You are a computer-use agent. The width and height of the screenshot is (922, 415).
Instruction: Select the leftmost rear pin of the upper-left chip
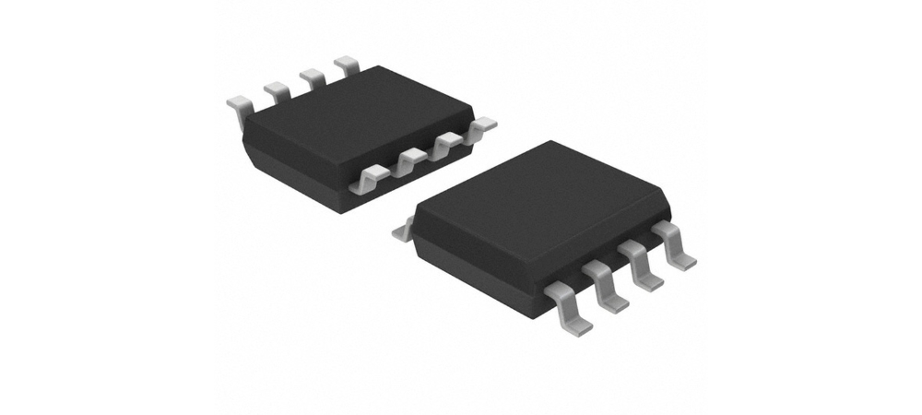coord(237,109)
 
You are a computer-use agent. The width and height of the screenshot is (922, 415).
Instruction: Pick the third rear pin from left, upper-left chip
coord(312,77)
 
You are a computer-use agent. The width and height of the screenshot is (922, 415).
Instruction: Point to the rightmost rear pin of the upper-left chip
coord(348,65)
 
